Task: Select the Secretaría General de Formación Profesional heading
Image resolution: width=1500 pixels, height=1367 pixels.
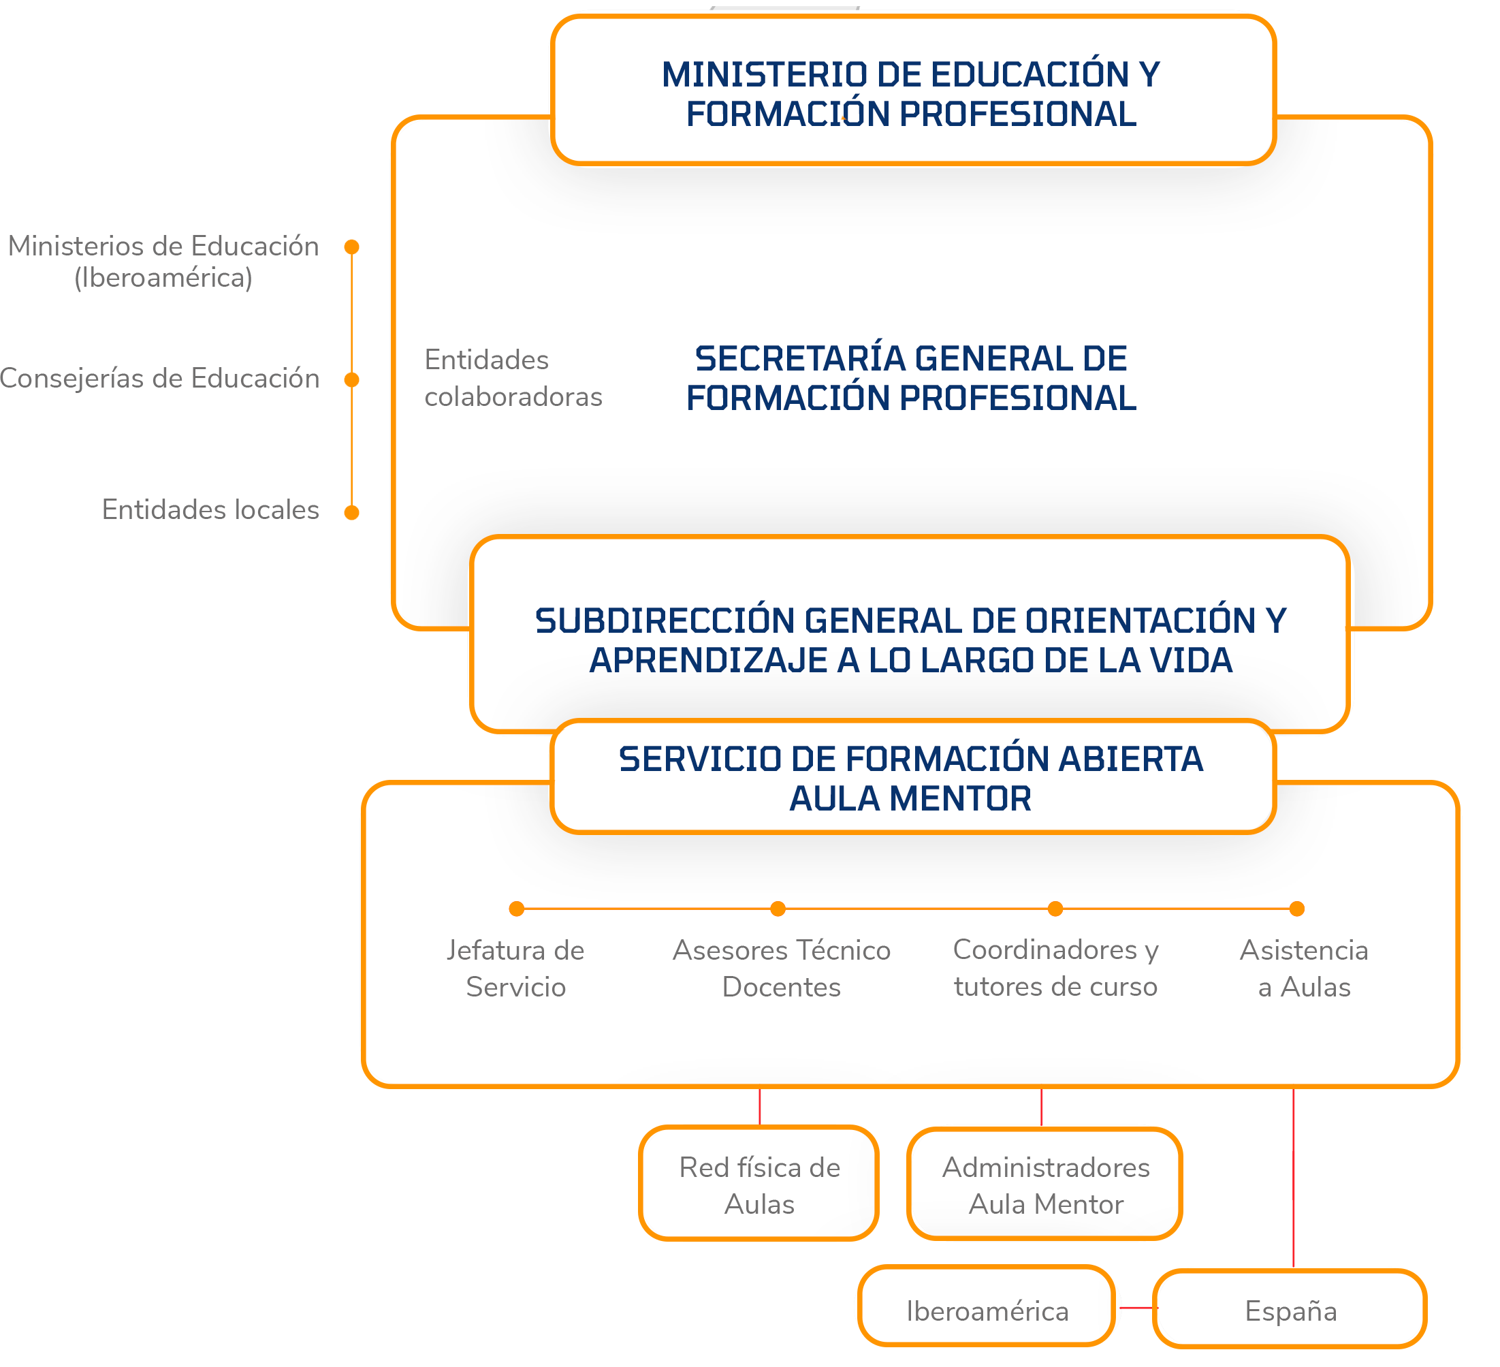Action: click(x=912, y=378)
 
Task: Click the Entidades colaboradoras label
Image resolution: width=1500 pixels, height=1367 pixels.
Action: click(x=513, y=378)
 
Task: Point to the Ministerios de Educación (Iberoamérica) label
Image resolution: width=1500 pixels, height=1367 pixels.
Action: click(x=163, y=261)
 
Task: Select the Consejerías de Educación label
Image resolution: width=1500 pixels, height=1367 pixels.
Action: click(x=159, y=379)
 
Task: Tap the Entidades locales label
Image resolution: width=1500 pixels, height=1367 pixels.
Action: click(x=210, y=509)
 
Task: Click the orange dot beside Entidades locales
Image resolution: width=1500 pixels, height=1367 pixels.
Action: click(x=352, y=513)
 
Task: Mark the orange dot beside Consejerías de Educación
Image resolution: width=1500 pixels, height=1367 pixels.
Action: click(x=352, y=380)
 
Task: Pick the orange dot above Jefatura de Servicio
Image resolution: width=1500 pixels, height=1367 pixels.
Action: click(x=516, y=909)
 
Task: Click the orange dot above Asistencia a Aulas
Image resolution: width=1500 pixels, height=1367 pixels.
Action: click(x=1297, y=909)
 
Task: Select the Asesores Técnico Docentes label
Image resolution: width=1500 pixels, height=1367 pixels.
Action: click(x=781, y=968)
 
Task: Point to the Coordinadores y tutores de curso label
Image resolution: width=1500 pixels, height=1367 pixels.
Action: click(x=1056, y=968)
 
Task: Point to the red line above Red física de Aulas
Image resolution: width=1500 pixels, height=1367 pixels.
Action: click(x=760, y=1107)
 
